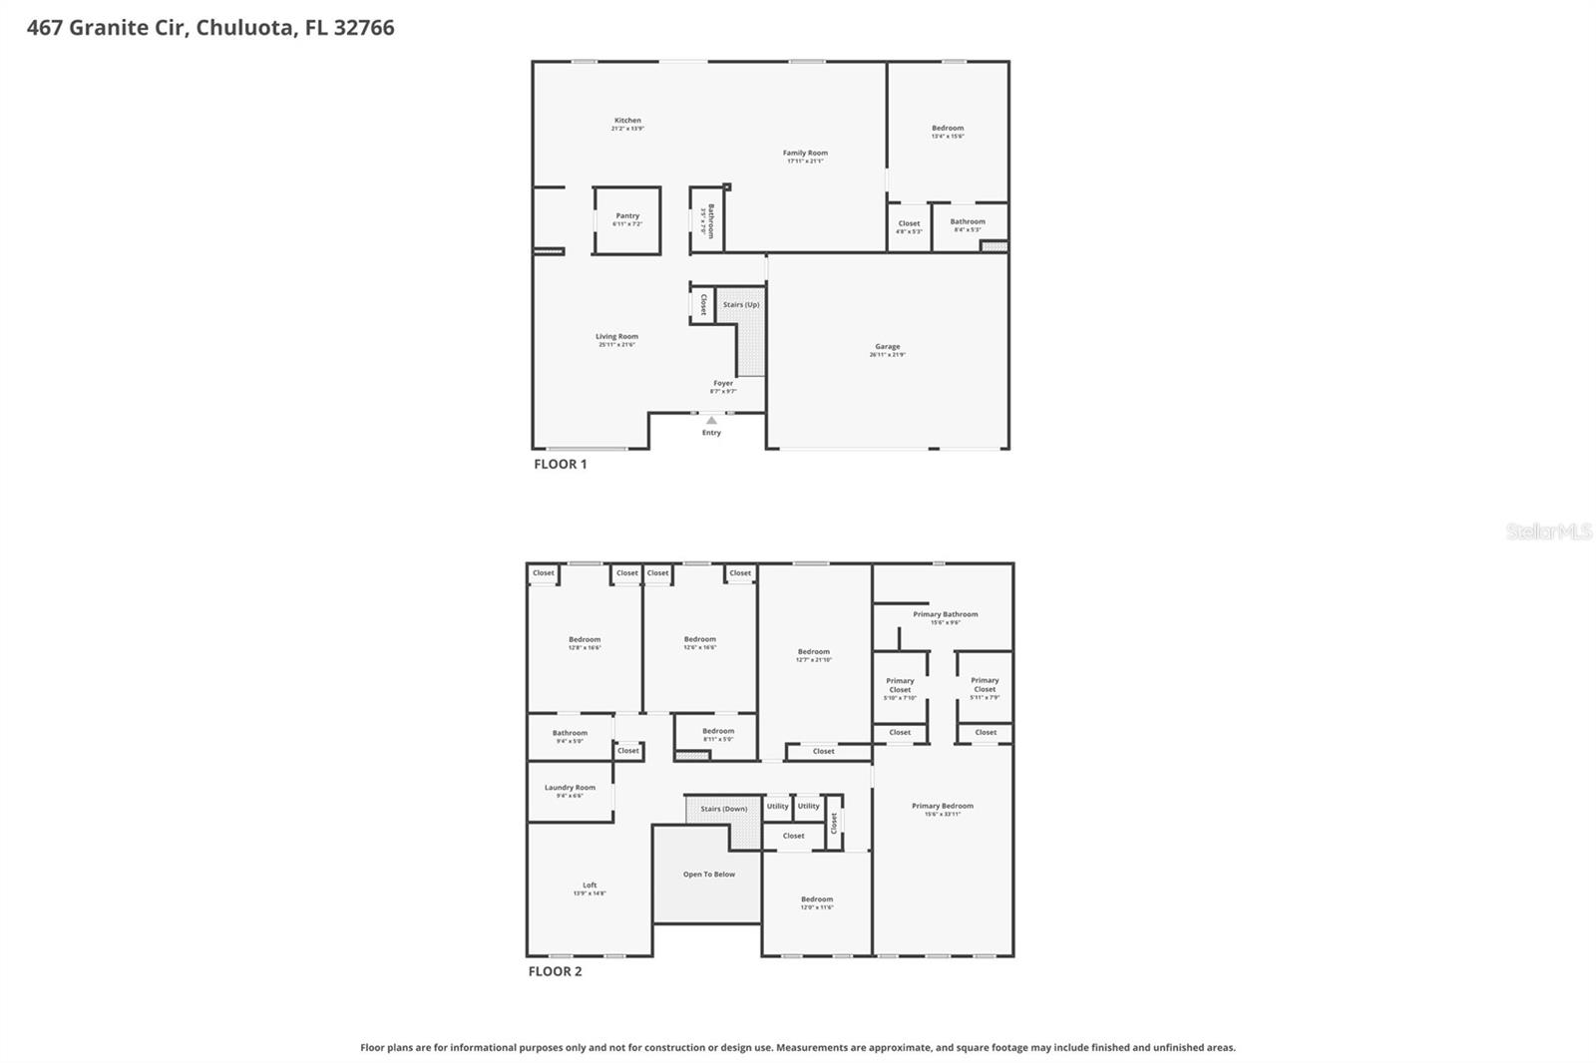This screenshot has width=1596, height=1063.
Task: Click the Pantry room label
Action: tap(627, 216)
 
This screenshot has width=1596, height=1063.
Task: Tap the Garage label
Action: tap(887, 347)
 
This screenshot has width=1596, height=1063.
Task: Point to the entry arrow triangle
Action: tap(711, 421)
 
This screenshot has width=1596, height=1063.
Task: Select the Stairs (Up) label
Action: tap(741, 305)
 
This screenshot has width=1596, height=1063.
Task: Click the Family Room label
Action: tap(805, 154)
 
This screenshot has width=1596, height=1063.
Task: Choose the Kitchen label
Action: tap(627, 121)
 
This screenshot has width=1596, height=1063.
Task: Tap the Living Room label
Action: tap(616, 337)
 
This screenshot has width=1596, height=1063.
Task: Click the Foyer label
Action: tap(723, 384)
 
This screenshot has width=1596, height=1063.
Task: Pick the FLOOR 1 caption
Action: tap(561, 465)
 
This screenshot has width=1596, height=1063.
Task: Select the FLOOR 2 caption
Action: tap(556, 972)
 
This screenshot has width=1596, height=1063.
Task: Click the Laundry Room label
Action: tap(570, 788)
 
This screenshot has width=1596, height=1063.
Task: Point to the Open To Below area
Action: tap(709, 875)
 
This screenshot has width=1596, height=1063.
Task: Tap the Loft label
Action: tap(590, 886)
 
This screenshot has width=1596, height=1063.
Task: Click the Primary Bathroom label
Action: tap(945, 615)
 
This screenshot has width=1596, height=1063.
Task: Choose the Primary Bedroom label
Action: tap(942, 807)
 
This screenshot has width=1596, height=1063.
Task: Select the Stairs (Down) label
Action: tap(723, 809)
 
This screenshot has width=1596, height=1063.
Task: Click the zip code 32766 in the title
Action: tap(364, 28)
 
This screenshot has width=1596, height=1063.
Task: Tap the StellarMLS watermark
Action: tap(1548, 532)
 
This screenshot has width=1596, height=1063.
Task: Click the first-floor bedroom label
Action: tap(948, 129)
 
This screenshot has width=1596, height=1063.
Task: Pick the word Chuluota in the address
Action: tap(245, 28)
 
